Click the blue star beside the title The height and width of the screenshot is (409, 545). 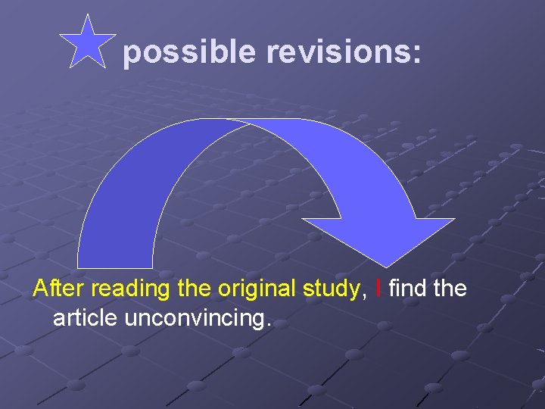tap(88, 44)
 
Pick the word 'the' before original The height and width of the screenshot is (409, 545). tap(195, 289)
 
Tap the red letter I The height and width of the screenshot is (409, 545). tap(378, 289)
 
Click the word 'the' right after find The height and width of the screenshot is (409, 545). tap(449, 289)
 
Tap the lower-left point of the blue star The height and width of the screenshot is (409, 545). tap(69, 67)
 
